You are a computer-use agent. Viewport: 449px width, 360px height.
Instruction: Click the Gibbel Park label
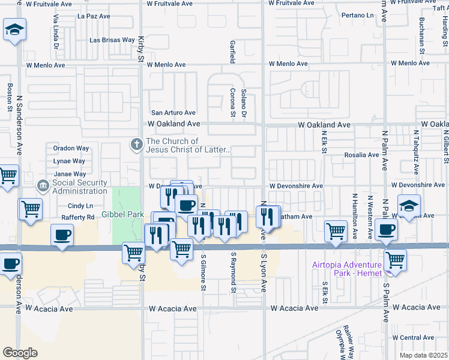click(122, 214)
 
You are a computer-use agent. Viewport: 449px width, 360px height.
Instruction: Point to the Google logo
click(20, 352)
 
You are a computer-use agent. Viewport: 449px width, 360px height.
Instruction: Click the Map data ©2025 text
click(423, 355)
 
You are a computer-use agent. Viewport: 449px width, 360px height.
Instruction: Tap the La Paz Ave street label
click(94, 16)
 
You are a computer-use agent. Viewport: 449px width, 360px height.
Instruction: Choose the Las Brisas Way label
click(112, 40)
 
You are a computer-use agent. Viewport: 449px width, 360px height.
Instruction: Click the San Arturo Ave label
click(173, 112)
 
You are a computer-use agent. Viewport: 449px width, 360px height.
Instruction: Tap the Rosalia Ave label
click(361, 155)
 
